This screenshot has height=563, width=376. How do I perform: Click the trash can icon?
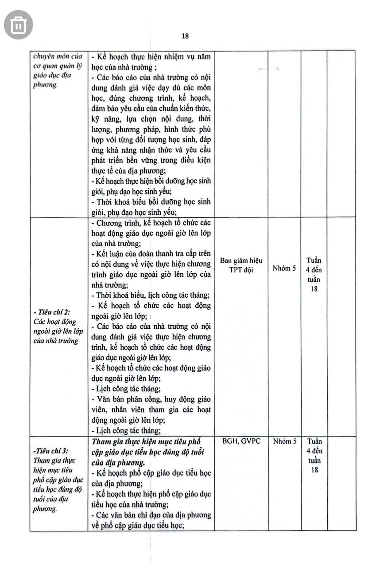click(x=19, y=24)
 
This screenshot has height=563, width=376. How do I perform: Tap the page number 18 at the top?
click(x=185, y=36)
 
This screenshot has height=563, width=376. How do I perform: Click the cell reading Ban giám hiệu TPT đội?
click(x=241, y=265)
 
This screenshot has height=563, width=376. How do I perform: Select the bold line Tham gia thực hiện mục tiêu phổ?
click(x=147, y=441)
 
